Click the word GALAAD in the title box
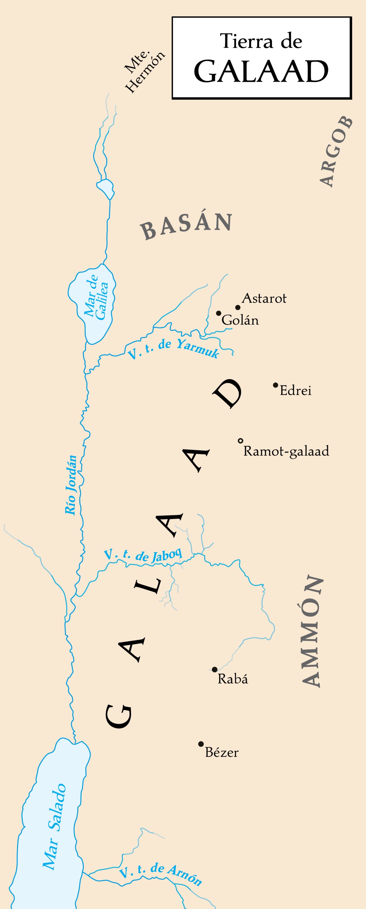coord(261,71)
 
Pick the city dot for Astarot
coord(238,307)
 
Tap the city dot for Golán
coord(219,313)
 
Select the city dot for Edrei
coord(275,385)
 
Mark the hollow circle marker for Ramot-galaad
coord(241,441)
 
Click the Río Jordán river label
coord(71,485)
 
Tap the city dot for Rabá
coord(214,669)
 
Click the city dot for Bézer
coord(201,744)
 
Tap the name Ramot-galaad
coord(286,451)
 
